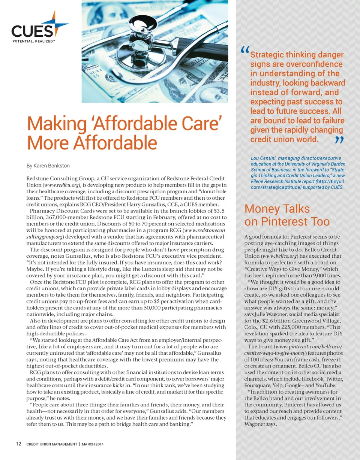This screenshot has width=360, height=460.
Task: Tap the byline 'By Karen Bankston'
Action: pos(48,165)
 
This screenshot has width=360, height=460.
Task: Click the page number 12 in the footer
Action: pos(18,444)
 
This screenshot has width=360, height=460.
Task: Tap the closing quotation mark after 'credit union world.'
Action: pos(339,140)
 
